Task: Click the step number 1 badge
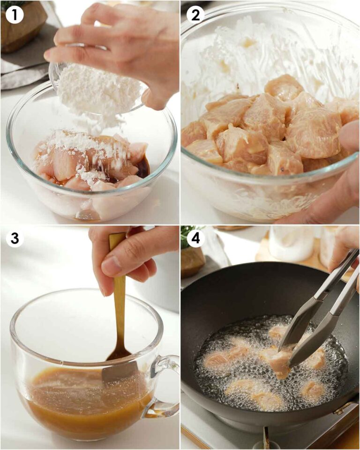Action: tap(15, 15)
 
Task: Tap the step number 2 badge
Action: tap(195, 15)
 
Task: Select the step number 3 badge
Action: tap(15, 239)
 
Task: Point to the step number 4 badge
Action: tap(195, 239)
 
